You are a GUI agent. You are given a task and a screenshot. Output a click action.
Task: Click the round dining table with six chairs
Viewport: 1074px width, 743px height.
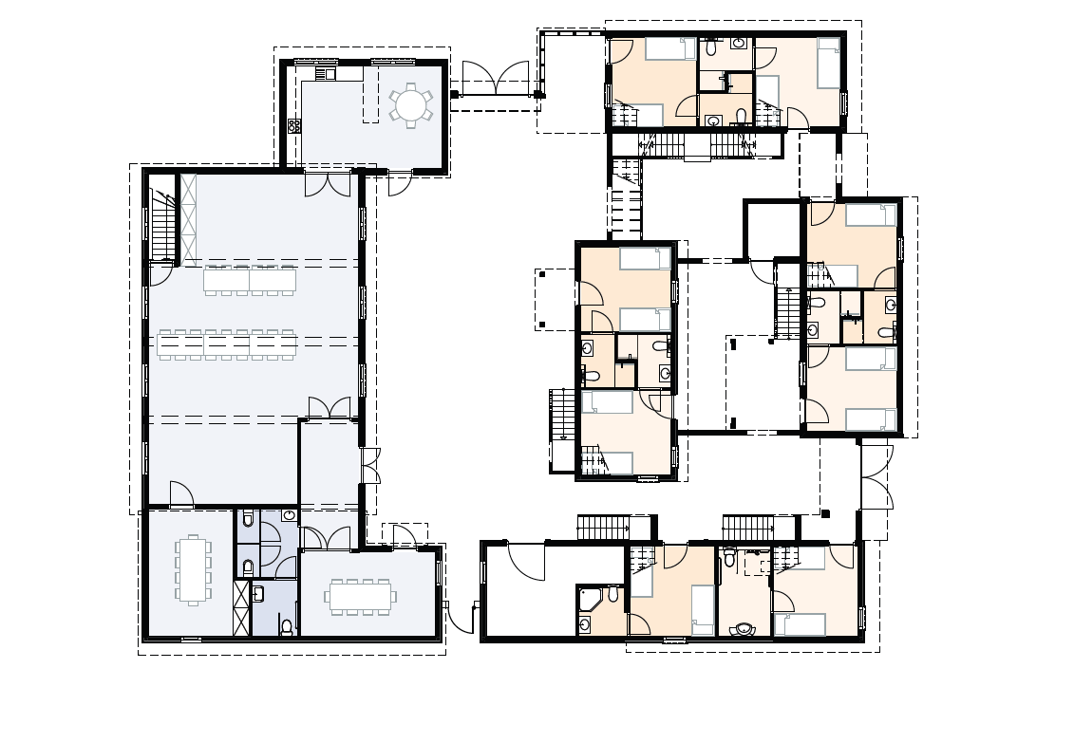[x=410, y=104]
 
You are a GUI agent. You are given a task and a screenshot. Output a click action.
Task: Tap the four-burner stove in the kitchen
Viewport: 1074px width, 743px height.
[x=294, y=124]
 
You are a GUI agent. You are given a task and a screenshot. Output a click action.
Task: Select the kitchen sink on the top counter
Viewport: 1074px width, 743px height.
[x=326, y=72]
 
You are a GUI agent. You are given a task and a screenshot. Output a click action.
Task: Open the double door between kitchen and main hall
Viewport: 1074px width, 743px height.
[x=328, y=183]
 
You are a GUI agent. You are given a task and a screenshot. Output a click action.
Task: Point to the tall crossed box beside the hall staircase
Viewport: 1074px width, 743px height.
[x=188, y=217]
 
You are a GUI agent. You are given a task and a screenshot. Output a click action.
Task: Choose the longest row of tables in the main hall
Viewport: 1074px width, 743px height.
[x=228, y=344]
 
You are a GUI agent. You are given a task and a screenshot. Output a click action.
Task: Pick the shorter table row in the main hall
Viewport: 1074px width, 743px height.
[x=250, y=280]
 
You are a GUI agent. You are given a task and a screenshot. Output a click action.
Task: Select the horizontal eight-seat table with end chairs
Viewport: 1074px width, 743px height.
[x=361, y=596]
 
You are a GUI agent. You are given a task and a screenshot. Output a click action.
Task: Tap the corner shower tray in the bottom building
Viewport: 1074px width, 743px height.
[x=589, y=598]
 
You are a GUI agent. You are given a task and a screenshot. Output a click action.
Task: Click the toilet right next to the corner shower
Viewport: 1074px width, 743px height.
[x=613, y=596]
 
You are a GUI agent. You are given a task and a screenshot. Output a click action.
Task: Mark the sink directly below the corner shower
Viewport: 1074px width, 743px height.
[x=585, y=625]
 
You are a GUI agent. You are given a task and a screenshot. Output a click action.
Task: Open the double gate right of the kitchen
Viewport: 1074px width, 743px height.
[x=495, y=78]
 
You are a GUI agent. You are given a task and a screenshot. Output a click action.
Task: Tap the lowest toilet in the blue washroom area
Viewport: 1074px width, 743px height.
[x=287, y=625]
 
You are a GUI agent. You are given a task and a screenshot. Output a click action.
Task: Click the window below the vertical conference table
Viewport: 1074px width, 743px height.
[x=191, y=640]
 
